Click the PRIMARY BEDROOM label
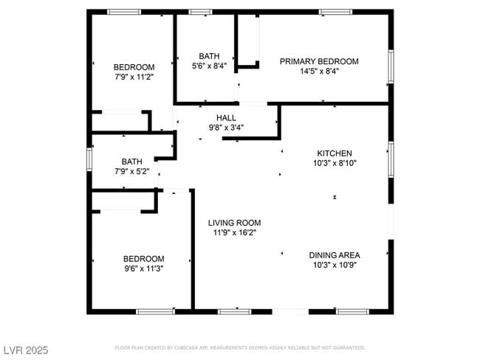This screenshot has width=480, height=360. (x=319, y=61)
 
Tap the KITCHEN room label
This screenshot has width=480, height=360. (x=335, y=153)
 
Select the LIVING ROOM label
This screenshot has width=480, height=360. (x=234, y=223)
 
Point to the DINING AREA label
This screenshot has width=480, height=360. (x=335, y=255)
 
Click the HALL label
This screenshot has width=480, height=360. (x=226, y=117)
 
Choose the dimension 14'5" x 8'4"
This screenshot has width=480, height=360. (x=319, y=72)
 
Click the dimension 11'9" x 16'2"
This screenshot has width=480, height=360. (x=234, y=232)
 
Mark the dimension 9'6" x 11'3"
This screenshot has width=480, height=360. (x=143, y=269)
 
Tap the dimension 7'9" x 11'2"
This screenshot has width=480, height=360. (x=134, y=77)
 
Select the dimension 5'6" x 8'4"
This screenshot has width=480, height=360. (x=209, y=66)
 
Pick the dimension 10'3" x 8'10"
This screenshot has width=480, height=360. (x=335, y=164)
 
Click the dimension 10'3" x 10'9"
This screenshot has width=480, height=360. (x=335, y=265)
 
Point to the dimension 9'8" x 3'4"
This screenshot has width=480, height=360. (x=226, y=127)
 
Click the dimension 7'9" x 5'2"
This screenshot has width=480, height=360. (x=132, y=171)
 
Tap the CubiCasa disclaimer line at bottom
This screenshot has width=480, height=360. (x=240, y=347)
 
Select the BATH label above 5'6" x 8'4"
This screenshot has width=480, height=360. (x=209, y=56)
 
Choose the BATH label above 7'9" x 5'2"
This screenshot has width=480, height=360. (x=132, y=162)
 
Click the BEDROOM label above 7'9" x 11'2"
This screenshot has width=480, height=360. (x=134, y=67)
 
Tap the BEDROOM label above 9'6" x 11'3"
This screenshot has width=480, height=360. (x=143, y=259)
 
